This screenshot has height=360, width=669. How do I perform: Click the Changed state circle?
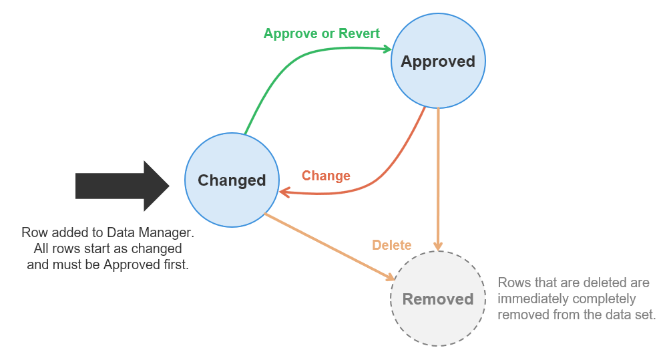232,180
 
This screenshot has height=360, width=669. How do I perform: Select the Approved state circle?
438,61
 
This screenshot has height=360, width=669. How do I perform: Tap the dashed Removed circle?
437,299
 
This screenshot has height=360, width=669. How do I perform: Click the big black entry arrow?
123,186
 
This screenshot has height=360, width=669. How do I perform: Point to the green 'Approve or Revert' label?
321,33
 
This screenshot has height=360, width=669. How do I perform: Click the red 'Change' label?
326,176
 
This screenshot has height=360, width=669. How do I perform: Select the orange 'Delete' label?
391,245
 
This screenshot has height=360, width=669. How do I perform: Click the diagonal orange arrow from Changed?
327,246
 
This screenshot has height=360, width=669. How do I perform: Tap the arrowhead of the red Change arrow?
284,192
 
